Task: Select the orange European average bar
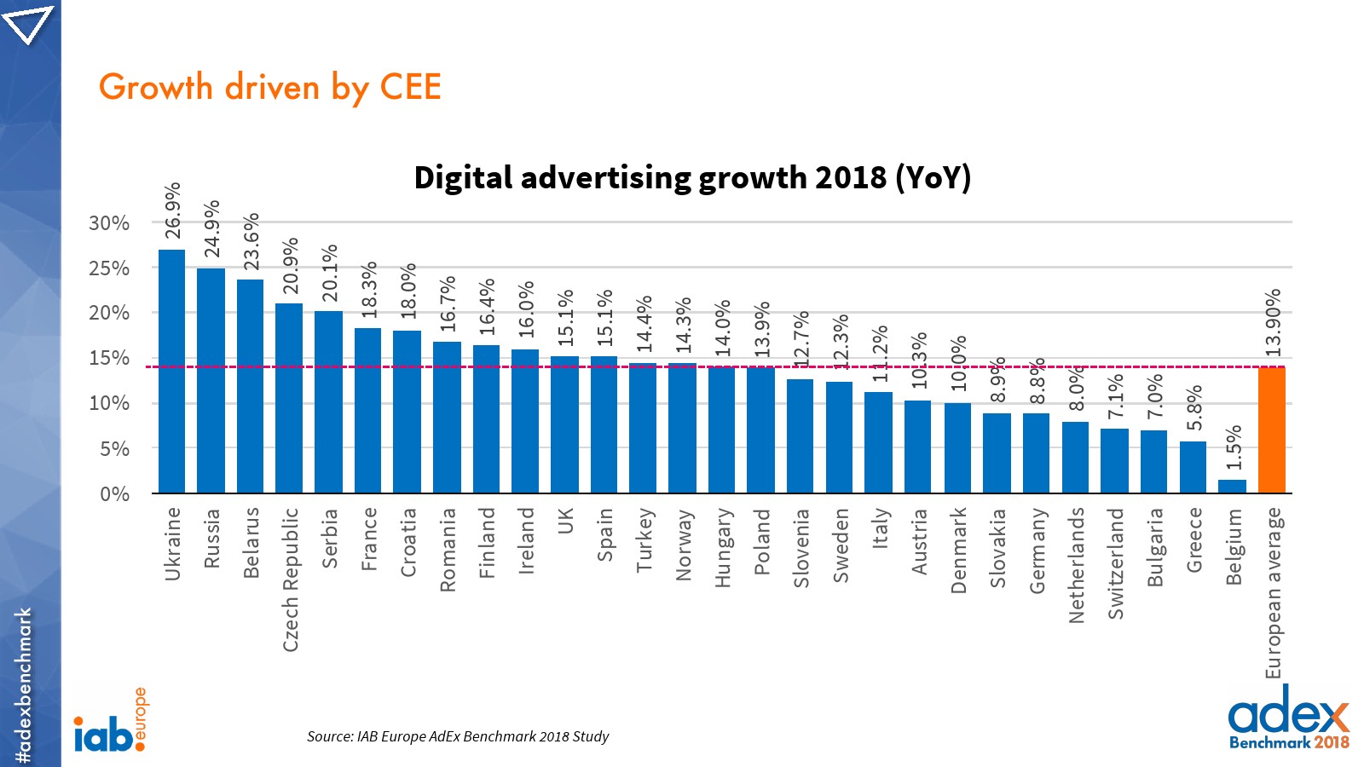pos(1271,430)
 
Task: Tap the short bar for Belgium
pos(1232,486)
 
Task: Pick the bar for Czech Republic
pos(289,398)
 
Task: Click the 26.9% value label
pos(173,210)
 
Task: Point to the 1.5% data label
pos(1234,447)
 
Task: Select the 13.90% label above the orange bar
pos(1273,323)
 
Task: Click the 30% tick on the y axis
pos(109,223)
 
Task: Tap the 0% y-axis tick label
pos(114,494)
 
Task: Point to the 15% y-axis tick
pos(109,358)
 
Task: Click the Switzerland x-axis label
pos(1116,563)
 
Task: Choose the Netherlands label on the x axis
pos(1077,565)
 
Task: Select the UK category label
pos(565,521)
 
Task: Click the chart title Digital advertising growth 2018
pos(691,177)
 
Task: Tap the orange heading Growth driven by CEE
pos(269,88)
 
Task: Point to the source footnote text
pos(458,736)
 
